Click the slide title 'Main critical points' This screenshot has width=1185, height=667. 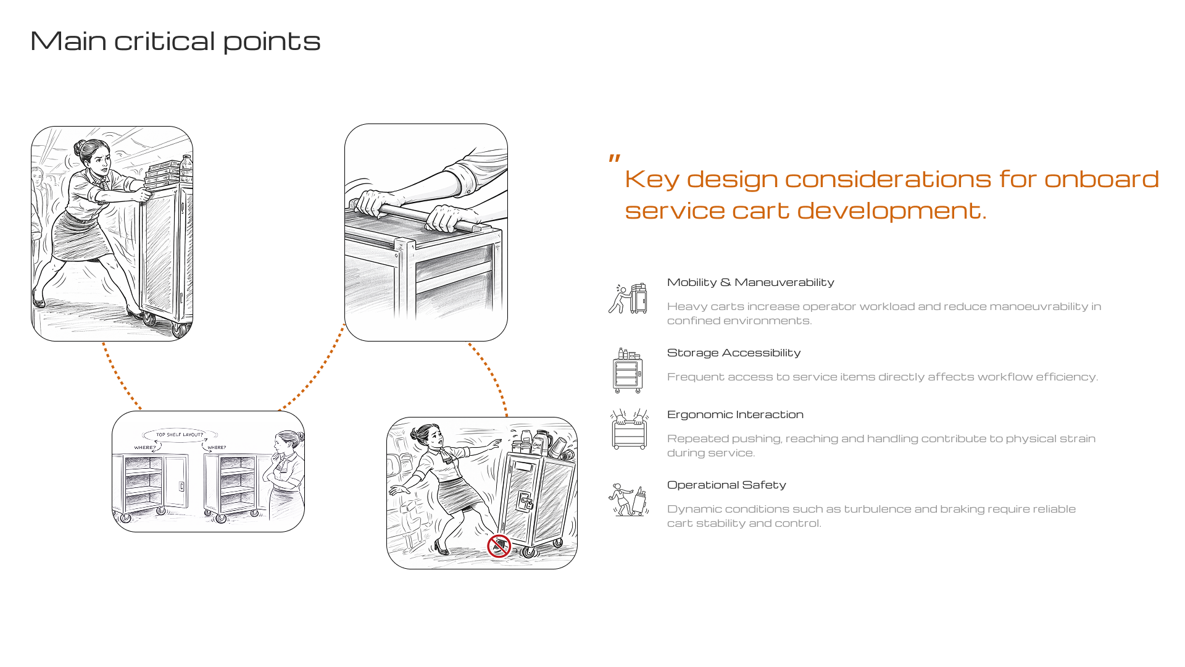(x=175, y=41)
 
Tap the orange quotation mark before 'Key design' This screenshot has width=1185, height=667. (x=614, y=159)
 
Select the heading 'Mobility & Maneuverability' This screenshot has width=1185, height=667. (x=750, y=282)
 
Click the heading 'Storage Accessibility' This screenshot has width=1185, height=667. (x=734, y=353)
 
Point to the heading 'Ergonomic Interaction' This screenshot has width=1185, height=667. (x=735, y=414)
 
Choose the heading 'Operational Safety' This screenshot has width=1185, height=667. (x=726, y=485)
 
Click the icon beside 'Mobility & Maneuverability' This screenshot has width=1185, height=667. (x=628, y=298)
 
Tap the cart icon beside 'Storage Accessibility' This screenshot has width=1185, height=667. (x=628, y=371)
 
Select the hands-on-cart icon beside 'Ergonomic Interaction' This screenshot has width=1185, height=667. (x=629, y=429)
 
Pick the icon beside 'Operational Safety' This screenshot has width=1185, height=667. (x=628, y=500)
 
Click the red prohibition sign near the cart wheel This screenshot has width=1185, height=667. (x=499, y=546)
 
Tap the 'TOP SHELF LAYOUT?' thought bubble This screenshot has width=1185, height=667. (x=180, y=435)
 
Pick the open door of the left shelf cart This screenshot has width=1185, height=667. (x=176, y=482)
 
